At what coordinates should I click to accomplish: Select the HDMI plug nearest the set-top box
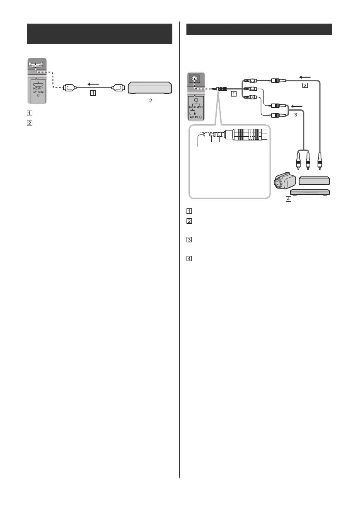click(x=118, y=87)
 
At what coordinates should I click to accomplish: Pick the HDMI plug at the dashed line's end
click(x=68, y=87)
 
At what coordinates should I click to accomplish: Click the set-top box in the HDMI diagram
click(x=150, y=87)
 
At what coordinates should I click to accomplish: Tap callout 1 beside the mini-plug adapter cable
click(x=234, y=94)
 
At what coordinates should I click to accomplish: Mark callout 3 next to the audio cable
click(x=295, y=115)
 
